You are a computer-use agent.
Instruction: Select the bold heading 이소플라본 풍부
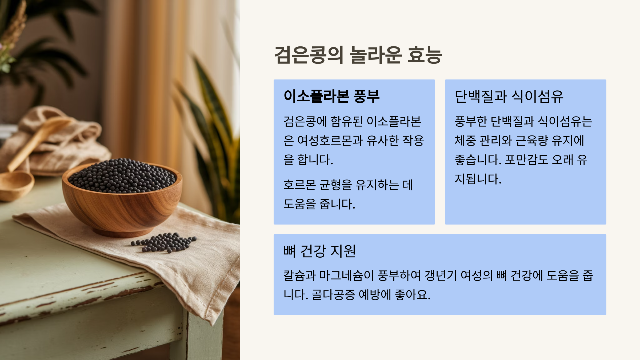pyautogui.click(x=331, y=96)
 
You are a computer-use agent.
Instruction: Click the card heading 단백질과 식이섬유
pyautogui.click(x=509, y=96)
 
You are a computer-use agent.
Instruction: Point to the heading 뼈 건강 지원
pyautogui.click(x=319, y=251)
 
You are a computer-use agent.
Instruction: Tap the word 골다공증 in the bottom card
pyautogui.click(x=333, y=295)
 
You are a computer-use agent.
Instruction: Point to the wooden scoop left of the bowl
pyautogui.click(x=16, y=184)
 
